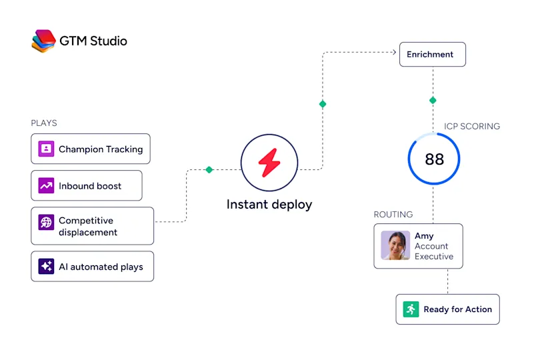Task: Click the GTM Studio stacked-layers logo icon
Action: coord(43,41)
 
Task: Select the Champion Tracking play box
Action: coord(91,149)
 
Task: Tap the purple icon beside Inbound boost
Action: coord(46,185)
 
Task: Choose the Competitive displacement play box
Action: coord(92,226)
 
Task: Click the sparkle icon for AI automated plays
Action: coord(46,267)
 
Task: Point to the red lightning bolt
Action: coord(269,163)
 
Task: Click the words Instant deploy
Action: coord(269,205)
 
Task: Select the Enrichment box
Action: coord(433,54)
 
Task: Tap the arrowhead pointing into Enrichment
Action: coord(394,53)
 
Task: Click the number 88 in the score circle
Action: coord(435,159)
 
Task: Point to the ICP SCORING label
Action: coord(472,127)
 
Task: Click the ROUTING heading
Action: coord(393,214)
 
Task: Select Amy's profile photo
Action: coord(395,245)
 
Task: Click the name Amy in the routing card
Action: coord(424,236)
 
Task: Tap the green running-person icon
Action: coord(411,309)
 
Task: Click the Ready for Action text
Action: coord(457,309)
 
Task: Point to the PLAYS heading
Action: coord(44,123)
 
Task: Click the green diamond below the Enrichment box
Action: coord(433,100)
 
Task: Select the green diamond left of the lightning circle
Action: coord(209,169)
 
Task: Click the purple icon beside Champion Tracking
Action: coord(46,149)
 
